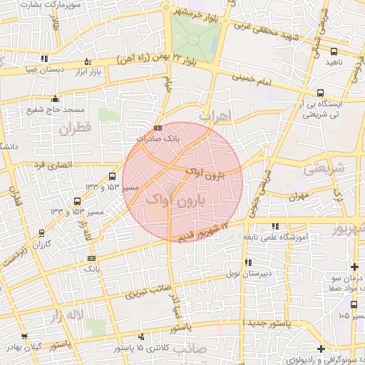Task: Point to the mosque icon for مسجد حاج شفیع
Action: tap(56, 99)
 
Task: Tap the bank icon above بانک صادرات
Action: tap(158, 128)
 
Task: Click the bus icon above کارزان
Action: tap(42, 233)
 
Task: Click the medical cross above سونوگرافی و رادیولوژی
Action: tap(322, 349)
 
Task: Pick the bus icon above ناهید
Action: tap(334, 51)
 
